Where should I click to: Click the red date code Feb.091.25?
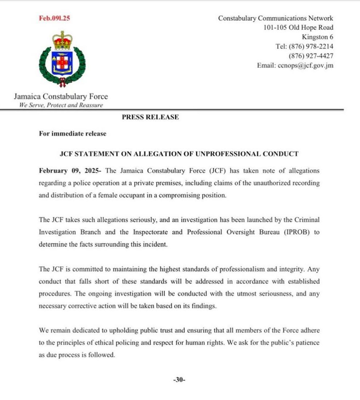pyautogui.click(x=54, y=19)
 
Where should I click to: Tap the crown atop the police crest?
pyautogui.click(x=62, y=40)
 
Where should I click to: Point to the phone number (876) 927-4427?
pyautogui.click(x=311, y=56)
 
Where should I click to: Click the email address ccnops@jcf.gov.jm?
pyautogui.click(x=295, y=66)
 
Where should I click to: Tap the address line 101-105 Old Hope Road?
pyautogui.click(x=298, y=27)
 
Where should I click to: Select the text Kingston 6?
pyautogui.click(x=317, y=37)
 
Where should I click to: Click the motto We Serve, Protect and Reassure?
pyautogui.click(x=61, y=105)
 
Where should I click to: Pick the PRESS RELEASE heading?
pyautogui.click(x=150, y=117)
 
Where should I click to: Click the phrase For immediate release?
pyautogui.click(x=73, y=134)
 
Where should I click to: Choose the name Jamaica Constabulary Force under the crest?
pyautogui.click(x=61, y=97)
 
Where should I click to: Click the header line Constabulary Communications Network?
pyautogui.click(x=276, y=18)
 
